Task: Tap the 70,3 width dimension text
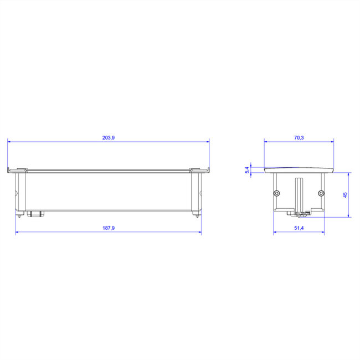pyautogui.click(x=299, y=137)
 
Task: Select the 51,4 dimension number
pyautogui.click(x=299, y=228)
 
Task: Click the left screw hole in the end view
pyautogui.click(x=276, y=193)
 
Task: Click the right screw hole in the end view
pyautogui.click(x=321, y=193)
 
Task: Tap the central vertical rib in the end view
pyautogui.click(x=299, y=194)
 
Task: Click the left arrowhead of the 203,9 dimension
pyautogui.click(x=9, y=141)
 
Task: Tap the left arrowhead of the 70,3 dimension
pyautogui.click(x=266, y=141)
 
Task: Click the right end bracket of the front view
pyautogui.click(x=196, y=191)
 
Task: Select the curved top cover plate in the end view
pyautogui.click(x=299, y=169)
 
